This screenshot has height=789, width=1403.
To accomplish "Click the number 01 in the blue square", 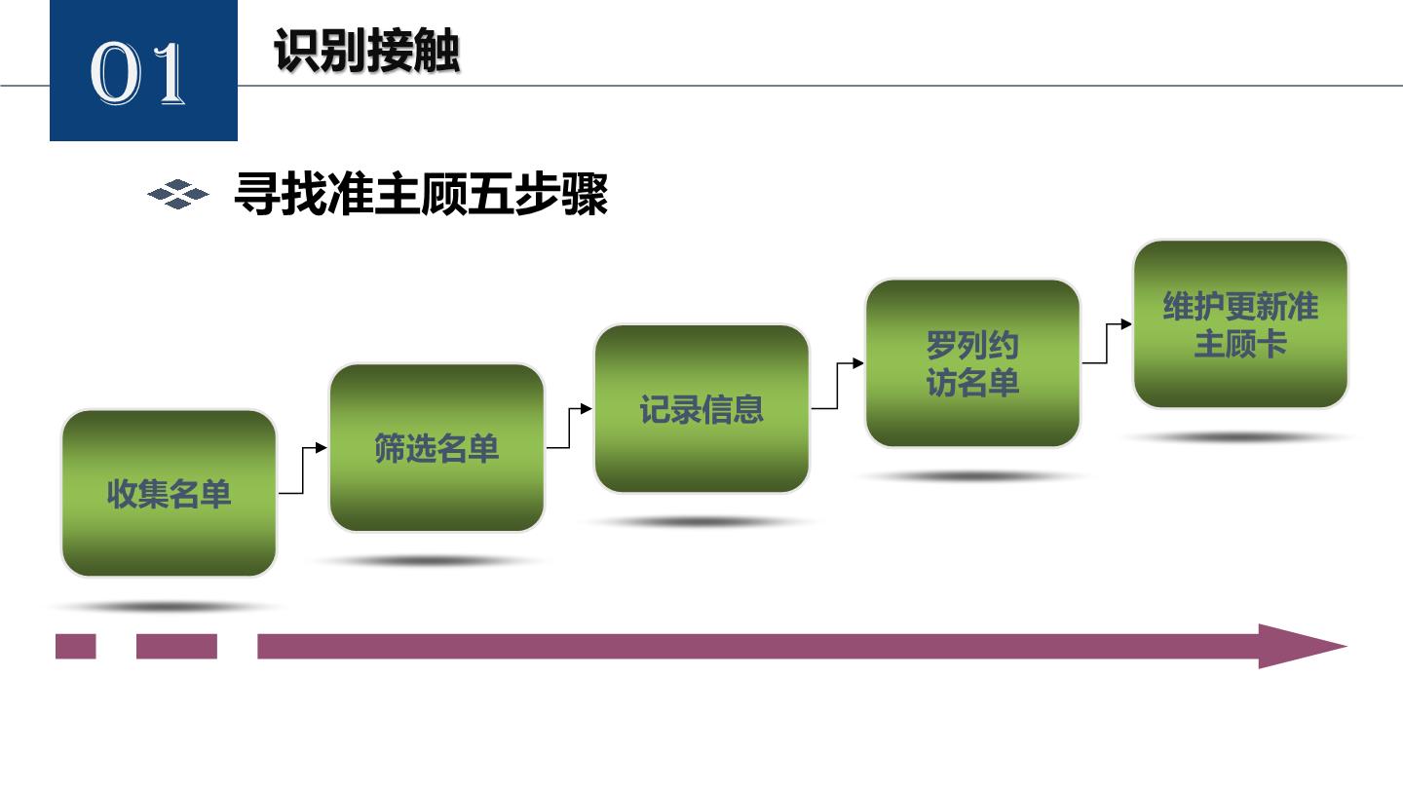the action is click(x=137, y=73).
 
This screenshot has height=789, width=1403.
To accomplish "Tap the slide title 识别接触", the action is click(x=367, y=50).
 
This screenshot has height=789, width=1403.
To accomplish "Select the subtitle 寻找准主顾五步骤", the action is click(x=421, y=194).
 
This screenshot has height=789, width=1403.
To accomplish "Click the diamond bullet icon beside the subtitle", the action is click(x=178, y=194).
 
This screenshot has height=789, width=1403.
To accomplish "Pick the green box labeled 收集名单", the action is click(x=170, y=494).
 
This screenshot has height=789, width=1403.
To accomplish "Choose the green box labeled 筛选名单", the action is click(x=436, y=448).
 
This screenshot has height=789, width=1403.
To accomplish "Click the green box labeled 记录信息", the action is click(x=701, y=408).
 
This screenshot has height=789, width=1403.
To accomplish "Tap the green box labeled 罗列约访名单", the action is click(x=972, y=363).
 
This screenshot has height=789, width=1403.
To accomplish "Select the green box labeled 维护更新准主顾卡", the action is click(x=1241, y=324).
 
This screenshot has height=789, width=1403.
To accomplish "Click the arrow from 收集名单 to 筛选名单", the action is click(x=303, y=470).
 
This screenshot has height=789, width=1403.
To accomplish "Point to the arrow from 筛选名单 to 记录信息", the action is click(x=569, y=429).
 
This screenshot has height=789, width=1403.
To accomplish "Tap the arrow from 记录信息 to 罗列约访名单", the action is click(x=838, y=386).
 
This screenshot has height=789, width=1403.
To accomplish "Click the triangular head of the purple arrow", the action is click(x=1302, y=646).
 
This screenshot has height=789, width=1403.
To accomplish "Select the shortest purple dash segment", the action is click(x=76, y=646).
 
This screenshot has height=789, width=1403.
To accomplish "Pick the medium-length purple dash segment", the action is click(x=176, y=646).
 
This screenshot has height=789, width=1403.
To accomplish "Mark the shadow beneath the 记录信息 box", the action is click(x=701, y=522).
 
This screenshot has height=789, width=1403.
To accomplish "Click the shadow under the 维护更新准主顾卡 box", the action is click(x=1239, y=437).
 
